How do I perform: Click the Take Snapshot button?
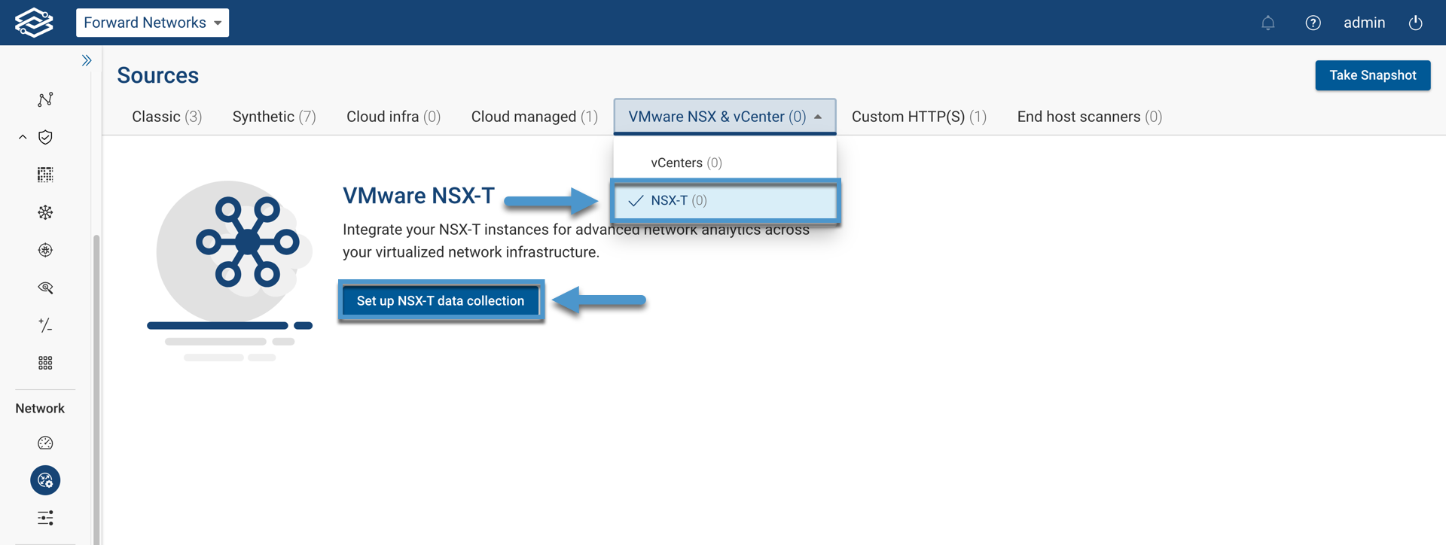(x=1372, y=75)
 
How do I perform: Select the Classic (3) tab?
(x=166, y=117)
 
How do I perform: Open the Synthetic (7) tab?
(x=274, y=117)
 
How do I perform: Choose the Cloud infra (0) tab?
(x=393, y=117)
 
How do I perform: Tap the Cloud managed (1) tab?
(x=534, y=117)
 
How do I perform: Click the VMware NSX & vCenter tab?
(x=724, y=117)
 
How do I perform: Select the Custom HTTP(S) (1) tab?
(x=919, y=117)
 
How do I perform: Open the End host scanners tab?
(x=1089, y=117)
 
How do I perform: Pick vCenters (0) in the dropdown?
(x=686, y=163)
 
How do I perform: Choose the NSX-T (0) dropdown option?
(x=679, y=200)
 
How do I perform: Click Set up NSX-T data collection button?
(x=441, y=300)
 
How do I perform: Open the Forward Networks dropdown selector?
(x=152, y=23)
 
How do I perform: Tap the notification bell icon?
(x=1268, y=23)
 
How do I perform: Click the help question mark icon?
(x=1313, y=23)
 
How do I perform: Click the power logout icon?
(x=1415, y=23)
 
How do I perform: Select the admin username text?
(x=1364, y=23)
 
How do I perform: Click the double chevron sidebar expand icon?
(x=87, y=60)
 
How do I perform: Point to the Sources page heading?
(x=158, y=75)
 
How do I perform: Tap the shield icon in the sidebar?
(x=45, y=137)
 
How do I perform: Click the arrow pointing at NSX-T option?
(x=551, y=200)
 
